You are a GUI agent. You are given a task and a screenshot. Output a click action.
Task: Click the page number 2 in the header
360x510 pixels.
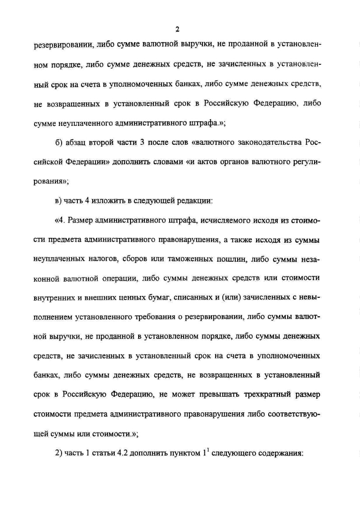pyautogui.click(x=177, y=30)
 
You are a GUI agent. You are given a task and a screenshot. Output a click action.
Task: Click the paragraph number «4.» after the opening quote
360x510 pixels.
pyautogui.click(x=62, y=221)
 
